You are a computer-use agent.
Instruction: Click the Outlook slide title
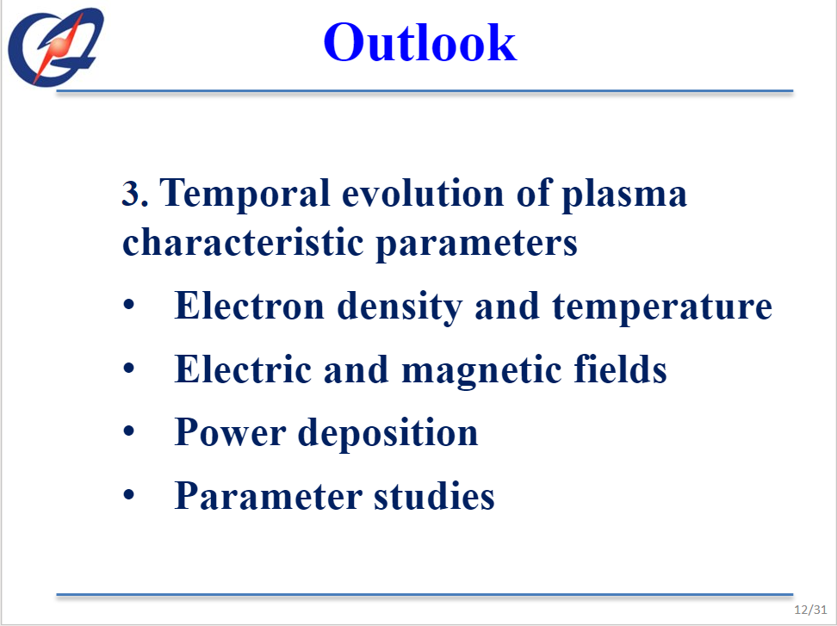pos(419,42)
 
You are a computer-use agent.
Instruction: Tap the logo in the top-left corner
pos(55,46)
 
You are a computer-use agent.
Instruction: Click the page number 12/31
pos(810,610)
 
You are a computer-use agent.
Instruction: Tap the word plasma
pos(624,195)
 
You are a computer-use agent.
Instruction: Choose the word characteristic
pos(244,242)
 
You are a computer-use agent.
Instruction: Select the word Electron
pos(249,307)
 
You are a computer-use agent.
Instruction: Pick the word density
pos(400,308)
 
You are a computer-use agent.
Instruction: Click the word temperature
pos(662,308)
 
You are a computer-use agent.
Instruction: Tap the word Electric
pos(243,369)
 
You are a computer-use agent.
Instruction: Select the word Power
pos(230,431)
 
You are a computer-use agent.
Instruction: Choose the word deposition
pos(387,433)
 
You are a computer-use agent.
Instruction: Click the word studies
pos(434,495)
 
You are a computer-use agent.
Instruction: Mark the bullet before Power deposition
pos(128,431)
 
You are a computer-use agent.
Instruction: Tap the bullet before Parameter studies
pos(128,494)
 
